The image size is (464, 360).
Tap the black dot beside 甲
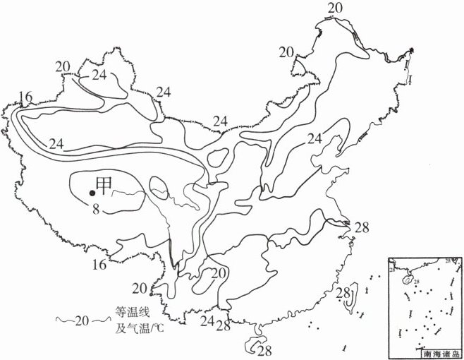point(92,192)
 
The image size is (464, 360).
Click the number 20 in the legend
point(82,320)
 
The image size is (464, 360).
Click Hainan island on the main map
point(253,344)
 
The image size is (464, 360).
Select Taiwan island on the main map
point(348,300)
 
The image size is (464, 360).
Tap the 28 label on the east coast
point(362,227)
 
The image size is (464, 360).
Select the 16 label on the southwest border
point(99,264)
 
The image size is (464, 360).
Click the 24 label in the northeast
point(315,138)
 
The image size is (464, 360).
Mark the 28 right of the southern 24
point(225,327)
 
